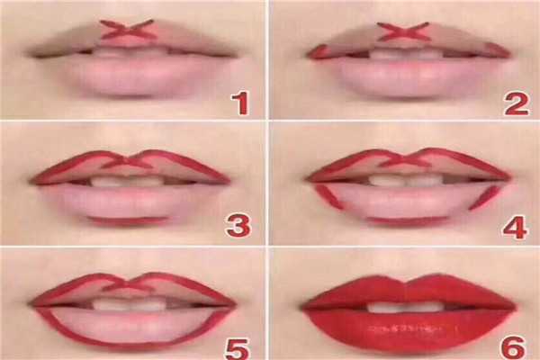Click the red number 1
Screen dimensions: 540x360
pos(240,103)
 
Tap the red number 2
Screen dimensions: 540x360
pos(516,103)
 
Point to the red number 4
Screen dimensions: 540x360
pos(515,228)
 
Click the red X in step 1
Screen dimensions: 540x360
pos(126,30)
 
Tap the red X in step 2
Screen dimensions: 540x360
pos(402,31)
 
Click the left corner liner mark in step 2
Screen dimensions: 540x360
pos(318,52)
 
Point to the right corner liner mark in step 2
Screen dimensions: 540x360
pos(498,51)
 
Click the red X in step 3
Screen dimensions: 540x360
pos(128,161)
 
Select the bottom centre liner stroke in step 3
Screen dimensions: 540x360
pos(128,220)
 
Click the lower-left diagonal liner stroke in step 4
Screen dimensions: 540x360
pos(329,196)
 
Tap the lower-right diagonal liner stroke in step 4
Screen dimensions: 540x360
pos(483,198)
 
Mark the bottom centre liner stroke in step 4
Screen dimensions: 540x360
pos(407,220)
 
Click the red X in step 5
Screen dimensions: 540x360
pos(128,284)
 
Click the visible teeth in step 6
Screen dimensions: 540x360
pos(403,307)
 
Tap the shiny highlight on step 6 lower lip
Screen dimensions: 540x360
pos(413,328)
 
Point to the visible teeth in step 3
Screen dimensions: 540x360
pos(128,182)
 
